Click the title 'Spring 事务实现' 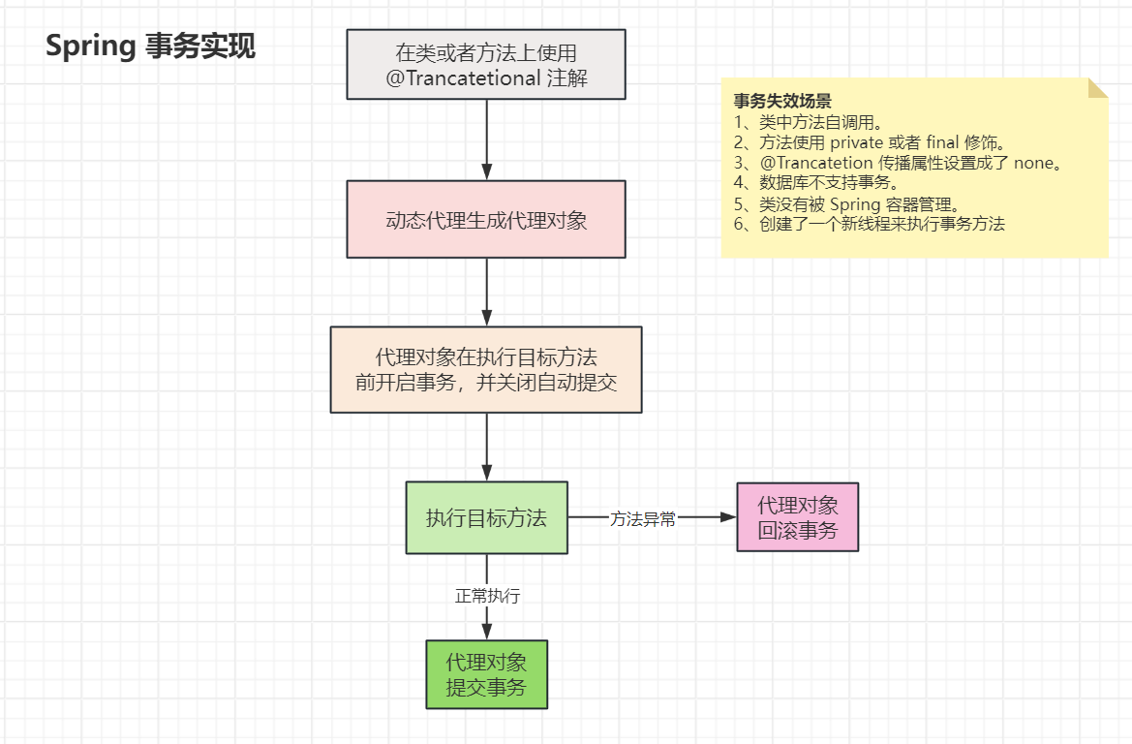coord(151,46)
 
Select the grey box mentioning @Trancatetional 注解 coord(486,65)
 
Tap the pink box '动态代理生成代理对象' coord(486,219)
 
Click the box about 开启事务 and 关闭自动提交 coord(486,369)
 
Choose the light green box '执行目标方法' coord(486,517)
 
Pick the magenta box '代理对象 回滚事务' coord(797,517)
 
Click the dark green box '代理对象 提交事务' coord(486,674)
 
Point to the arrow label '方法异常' coord(642,518)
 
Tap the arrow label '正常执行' coord(487,596)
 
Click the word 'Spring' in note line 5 coord(854,204)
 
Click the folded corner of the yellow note coord(1098,87)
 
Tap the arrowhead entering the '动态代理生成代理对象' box coord(486,173)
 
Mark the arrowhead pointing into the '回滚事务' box coord(729,517)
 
